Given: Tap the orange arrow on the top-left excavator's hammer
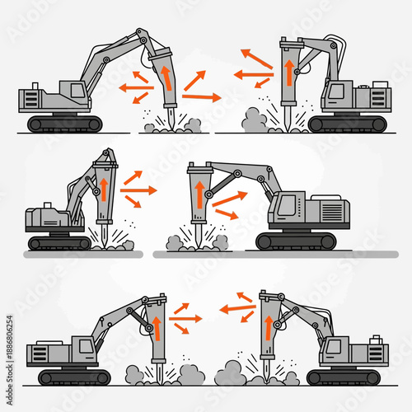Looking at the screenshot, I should pyautogui.click(x=166, y=77).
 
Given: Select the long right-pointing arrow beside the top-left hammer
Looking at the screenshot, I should pyautogui.click(x=202, y=97).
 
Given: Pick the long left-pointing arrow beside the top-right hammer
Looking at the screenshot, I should pyautogui.click(x=251, y=75).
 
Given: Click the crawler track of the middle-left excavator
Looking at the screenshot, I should pyautogui.click(x=60, y=242).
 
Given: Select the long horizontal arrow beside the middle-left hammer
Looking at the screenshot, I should pyautogui.click(x=138, y=190).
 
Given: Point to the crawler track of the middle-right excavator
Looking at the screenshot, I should pyautogui.click(x=297, y=241).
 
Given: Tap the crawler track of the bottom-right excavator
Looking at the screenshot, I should pyautogui.click(x=344, y=377).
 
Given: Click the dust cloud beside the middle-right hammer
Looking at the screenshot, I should pyautogui.click(x=175, y=244).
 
